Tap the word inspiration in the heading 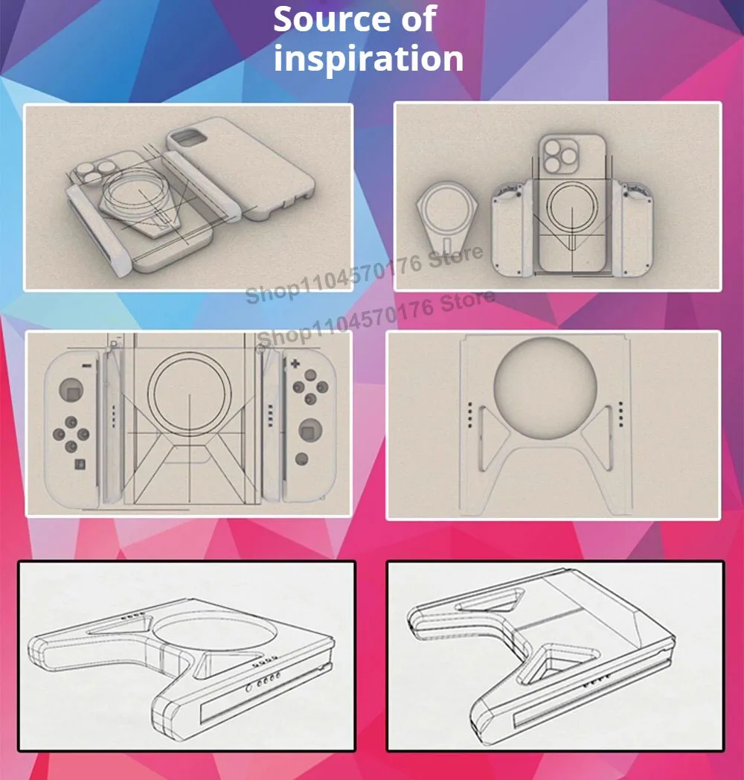(368, 59)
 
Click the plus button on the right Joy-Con (295, 364)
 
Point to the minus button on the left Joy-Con (86, 366)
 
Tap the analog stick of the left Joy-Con (71, 389)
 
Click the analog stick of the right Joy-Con (310, 430)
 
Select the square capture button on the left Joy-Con (80, 464)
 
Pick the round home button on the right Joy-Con (301, 459)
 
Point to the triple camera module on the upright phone (559, 156)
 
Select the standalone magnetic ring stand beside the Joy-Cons (448, 217)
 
